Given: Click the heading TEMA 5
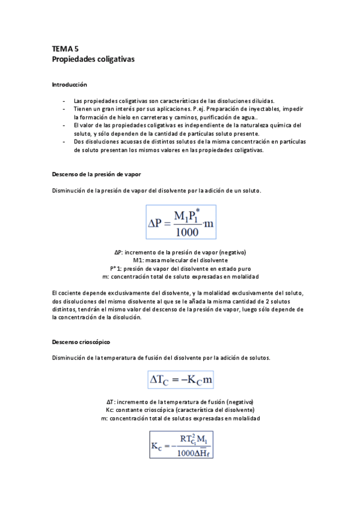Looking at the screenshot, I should coord(66,49).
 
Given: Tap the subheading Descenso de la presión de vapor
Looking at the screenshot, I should coord(97,174).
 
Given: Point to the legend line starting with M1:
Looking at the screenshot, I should coord(180,260).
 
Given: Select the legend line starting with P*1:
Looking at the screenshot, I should coord(180,268).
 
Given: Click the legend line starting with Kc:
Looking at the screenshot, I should coord(180,410).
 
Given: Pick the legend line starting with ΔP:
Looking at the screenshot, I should coord(180,251).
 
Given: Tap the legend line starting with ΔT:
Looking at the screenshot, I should coord(180,401).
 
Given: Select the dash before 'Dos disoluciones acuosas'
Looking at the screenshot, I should coord(64,142).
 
